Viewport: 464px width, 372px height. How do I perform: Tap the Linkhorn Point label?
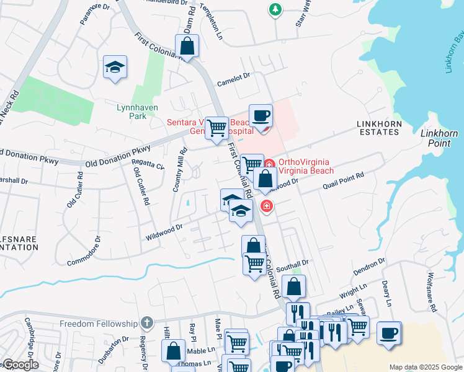(x=440, y=138)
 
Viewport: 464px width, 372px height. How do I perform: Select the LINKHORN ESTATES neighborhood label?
(x=378, y=128)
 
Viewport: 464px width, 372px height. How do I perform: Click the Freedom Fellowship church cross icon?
(x=146, y=322)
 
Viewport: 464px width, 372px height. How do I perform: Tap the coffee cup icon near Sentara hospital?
(x=261, y=115)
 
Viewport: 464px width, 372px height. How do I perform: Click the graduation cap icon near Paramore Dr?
(x=115, y=67)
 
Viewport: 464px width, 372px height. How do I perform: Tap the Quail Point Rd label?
(x=342, y=182)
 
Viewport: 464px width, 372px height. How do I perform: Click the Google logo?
(x=20, y=365)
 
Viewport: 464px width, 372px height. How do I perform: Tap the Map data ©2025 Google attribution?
(x=426, y=367)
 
